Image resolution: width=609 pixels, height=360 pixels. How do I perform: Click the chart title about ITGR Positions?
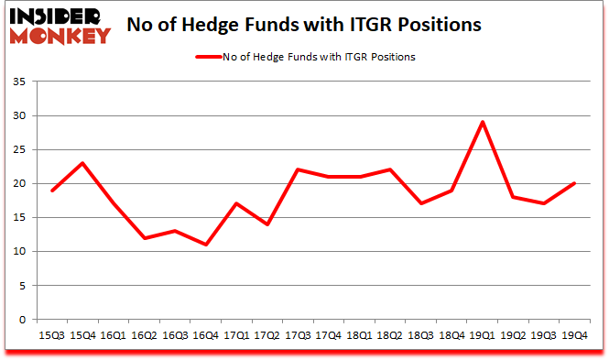click(x=304, y=25)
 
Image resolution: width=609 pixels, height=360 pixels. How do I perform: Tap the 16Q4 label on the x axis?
click(x=206, y=335)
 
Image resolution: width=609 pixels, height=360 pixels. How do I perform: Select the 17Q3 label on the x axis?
click(x=298, y=335)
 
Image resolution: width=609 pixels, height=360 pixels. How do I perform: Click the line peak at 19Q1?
click(x=482, y=122)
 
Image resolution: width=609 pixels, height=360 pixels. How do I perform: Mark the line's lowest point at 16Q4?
click(x=207, y=245)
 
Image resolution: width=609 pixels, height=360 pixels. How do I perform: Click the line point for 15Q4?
click(x=84, y=163)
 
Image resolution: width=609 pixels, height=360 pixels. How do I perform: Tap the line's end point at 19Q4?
click(x=573, y=183)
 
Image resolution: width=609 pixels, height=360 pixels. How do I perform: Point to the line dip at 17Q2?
click(x=267, y=224)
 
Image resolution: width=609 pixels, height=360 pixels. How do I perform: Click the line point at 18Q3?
click(x=420, y=203)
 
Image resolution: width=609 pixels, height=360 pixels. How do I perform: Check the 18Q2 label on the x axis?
click(x=389, y=335)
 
